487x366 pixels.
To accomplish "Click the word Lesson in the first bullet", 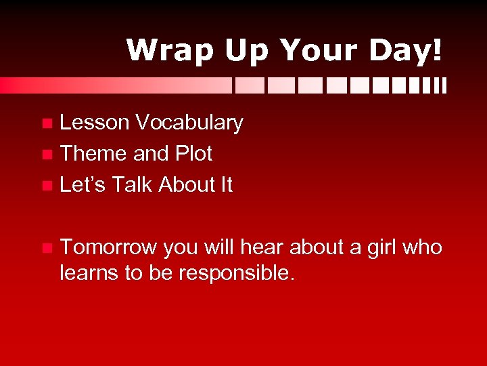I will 94,123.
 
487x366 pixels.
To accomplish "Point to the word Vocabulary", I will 189,123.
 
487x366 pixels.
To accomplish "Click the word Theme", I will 94,154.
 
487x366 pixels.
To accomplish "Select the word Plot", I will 193,154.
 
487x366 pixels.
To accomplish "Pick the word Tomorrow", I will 108,247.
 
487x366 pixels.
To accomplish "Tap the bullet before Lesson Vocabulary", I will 46,123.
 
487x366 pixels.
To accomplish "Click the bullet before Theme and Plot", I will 46,155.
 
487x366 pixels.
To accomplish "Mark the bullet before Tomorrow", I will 46,248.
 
